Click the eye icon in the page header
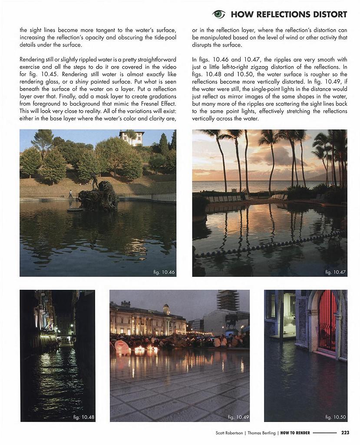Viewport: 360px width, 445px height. click(x=218, y=14)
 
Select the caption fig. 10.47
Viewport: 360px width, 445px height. click(x=335, y=272)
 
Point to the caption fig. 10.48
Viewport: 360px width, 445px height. click(x=83, y=417)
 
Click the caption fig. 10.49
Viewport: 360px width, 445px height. click(x=238, y=417)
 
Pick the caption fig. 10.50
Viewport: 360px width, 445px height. click(x=336, y=417)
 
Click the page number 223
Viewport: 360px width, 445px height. click(x=345, y=432)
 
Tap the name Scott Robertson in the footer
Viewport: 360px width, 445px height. click(x=229, y=432)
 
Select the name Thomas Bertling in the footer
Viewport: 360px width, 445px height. click(x=262, y=432)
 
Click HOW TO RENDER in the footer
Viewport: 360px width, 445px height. click(x=295, y=432)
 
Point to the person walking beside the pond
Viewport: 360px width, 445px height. click(x=70, y=193)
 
